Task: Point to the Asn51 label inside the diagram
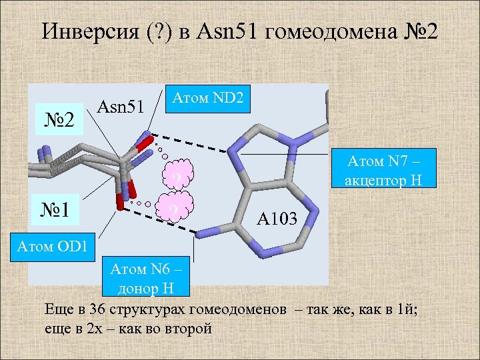(x=121, y=105)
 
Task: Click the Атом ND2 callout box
(x=208, y=98)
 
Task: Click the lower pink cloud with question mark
(x=173, y=209)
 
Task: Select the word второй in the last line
(x=191, y=329)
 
